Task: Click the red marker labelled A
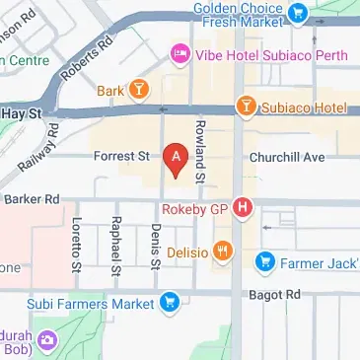coord(176,157)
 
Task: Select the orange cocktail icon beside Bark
coord(141,92)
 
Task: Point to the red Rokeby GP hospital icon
coord(243,208)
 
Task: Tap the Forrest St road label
coord(120,156)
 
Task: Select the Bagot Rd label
coord(279,295)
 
